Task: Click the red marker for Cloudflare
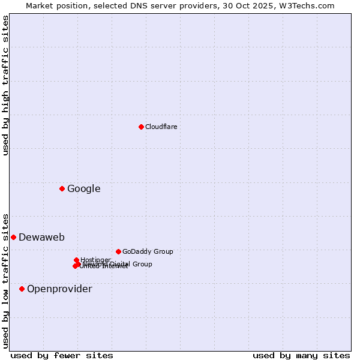point(141,127)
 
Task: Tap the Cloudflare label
point(161,127)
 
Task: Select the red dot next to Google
point(62,189)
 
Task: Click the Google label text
point(83,189)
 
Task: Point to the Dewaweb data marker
point(13,237)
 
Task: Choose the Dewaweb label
point(41,237)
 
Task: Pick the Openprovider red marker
point(22,289)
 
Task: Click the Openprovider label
point(59,289)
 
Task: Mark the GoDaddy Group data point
point(118,251)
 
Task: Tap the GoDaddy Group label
point(148,251)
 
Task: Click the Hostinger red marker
point(77,260)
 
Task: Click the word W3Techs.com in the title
point(309,5)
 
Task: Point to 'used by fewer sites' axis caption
point(62,355)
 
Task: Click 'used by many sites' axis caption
point(301,355)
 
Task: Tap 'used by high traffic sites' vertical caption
point(5,85)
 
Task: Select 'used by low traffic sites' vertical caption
point(5,280)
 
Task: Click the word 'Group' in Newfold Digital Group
point(142,264)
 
